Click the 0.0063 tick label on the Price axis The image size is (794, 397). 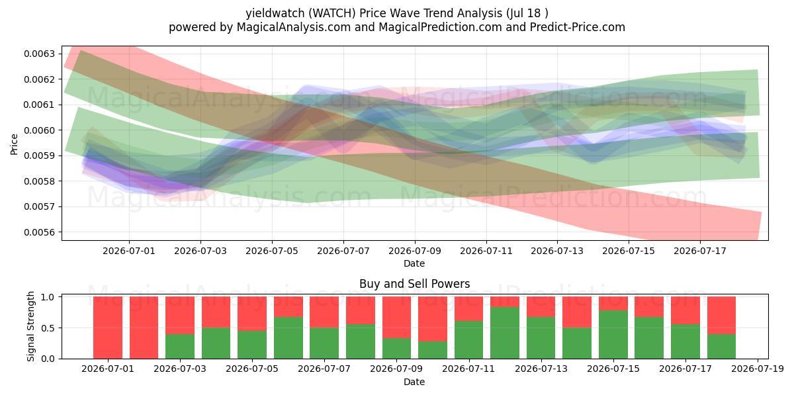[x=39, y=54]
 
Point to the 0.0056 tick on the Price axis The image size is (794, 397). [x=39, y=232]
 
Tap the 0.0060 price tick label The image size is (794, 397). [x=39, y=130]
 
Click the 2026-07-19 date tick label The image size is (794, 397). [x=758, y=369]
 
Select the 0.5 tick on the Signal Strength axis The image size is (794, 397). [x=48, y=328]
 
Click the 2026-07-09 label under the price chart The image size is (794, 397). [x=415, y=251]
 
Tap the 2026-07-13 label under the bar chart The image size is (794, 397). [x=541, y=369]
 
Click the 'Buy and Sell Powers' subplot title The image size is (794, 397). [x=415, y=284]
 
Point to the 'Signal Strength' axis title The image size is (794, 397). [x=31, y=326]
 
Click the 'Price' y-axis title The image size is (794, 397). [x=14, y=144]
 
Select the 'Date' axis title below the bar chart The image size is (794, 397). [x=414, y=382]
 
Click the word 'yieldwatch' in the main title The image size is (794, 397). [x=275, y=13]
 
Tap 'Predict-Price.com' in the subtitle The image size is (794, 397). [x=578, y=27]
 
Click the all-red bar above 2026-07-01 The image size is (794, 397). [x=108, y=328]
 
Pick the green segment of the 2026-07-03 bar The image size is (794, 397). [x=180, y=346]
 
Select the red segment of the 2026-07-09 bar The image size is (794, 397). [x=396, y=317]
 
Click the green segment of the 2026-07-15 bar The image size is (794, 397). [x=613, y=335]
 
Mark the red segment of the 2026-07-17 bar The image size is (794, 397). [x=685, y=310]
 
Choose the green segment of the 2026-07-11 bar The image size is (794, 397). [x=469, y=340]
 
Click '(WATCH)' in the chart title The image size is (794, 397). [x=331, y=13]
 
